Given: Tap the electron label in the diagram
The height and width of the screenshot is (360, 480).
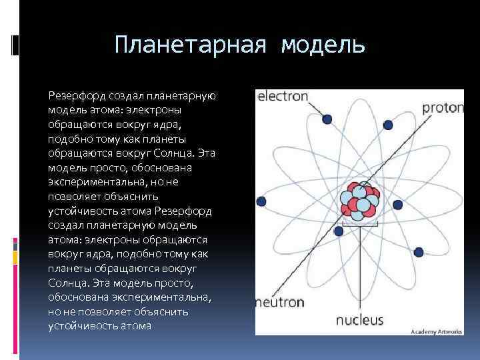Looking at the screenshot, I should pos(283,96).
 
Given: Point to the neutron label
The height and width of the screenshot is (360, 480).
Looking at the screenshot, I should pos(280,301).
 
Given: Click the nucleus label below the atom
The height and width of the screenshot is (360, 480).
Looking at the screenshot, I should pos(359,319).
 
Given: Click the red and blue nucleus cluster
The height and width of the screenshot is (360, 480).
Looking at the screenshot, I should pos(359,201).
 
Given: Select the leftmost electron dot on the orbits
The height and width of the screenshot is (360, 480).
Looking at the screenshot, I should pos(261,201).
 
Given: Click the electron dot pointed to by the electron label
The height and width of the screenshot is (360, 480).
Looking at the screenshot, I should pos(327,119).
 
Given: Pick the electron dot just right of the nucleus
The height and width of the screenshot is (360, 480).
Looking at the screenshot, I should pos(398,205).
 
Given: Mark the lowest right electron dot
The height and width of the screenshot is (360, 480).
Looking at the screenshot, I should pos(419,252).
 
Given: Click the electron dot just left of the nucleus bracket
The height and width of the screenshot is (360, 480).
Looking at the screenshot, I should pos(339,231).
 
